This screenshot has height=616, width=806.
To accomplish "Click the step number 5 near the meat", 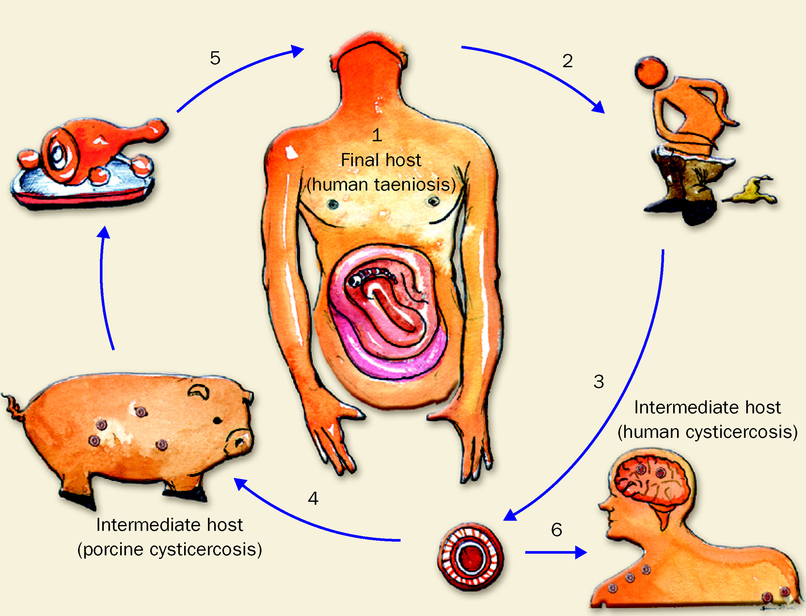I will [215, 58].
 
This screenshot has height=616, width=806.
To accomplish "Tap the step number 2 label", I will [567, 61].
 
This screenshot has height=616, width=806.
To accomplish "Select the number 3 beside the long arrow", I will [598, 381].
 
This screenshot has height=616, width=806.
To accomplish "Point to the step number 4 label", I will [313, 498].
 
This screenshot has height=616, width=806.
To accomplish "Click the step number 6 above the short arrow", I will [557, 529].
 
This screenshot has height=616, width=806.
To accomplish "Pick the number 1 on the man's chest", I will [377, 135].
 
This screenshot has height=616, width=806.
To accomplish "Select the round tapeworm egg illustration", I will [470, 556].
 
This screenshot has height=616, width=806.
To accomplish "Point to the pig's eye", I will [217, 421].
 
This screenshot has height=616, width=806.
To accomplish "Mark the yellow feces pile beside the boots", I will [750, 192].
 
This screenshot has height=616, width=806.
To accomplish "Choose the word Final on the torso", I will [360, 160].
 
